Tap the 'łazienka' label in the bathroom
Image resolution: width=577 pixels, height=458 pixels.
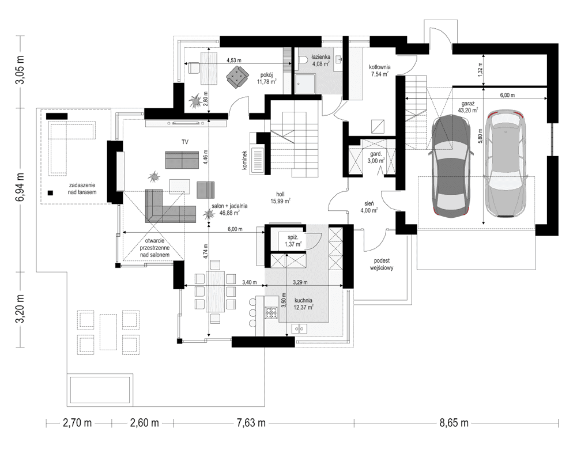pyautogui.click(x=320, y=58)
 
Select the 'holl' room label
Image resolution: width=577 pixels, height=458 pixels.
pyautogui.click(x=280, y=194)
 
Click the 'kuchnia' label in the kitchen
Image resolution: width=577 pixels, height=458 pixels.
pyautogui.click(x=303, y=300)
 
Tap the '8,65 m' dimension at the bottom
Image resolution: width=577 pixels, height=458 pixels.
pyautogui.click(x=455, y=423)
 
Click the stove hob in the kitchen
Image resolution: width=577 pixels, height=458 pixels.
pyautogui.click(x=271, y=313)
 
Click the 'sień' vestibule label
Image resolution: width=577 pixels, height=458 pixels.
pyautogui.click(x=369, y=203)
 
